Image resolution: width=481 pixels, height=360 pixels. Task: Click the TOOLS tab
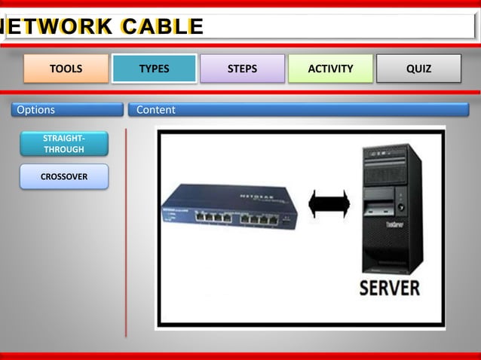[66, 69]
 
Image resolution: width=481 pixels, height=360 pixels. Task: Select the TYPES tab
[154, 69]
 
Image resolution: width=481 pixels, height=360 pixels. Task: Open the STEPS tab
[242, 69]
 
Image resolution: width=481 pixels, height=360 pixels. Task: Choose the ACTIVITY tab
[330, 69]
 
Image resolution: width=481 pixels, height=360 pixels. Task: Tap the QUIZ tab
[418, 69]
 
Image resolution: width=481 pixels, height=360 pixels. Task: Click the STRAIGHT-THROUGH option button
[64, 144]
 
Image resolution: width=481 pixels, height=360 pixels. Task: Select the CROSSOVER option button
[64, 177]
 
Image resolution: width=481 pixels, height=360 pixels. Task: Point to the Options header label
[36, 110]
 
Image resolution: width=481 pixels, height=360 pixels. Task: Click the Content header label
[156, 110]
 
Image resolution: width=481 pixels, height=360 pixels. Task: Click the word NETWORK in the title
[57, 26]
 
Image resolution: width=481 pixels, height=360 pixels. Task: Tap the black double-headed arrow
[329, 205]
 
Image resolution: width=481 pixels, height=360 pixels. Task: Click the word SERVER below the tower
[389, 287]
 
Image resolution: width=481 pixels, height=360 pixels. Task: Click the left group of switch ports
[213, 217]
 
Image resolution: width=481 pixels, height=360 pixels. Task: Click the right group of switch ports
[258, 220]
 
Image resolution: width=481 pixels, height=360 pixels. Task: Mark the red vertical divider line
[126, 233]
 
